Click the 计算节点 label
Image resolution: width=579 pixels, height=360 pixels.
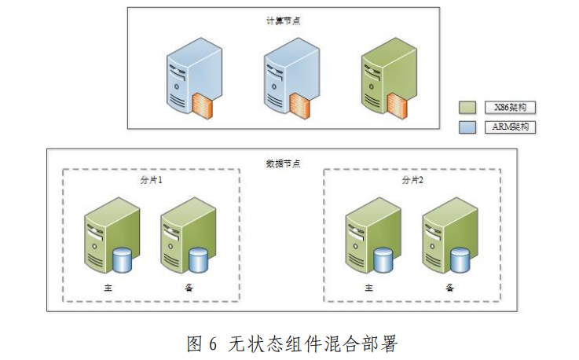[x=283, y=21]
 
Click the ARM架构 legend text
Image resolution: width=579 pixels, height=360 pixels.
[x=511, y=126]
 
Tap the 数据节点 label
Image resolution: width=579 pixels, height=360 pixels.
[x=284, y=164]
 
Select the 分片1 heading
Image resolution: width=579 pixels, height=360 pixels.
[x=150, y=180]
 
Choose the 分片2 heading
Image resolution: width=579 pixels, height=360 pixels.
[x=412, y=180]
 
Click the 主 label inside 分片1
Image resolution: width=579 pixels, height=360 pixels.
[x=108, y=287]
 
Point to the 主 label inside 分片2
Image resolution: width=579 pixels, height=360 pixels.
[x=368, y=287]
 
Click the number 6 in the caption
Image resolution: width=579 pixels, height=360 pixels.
[x=212, y=343]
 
